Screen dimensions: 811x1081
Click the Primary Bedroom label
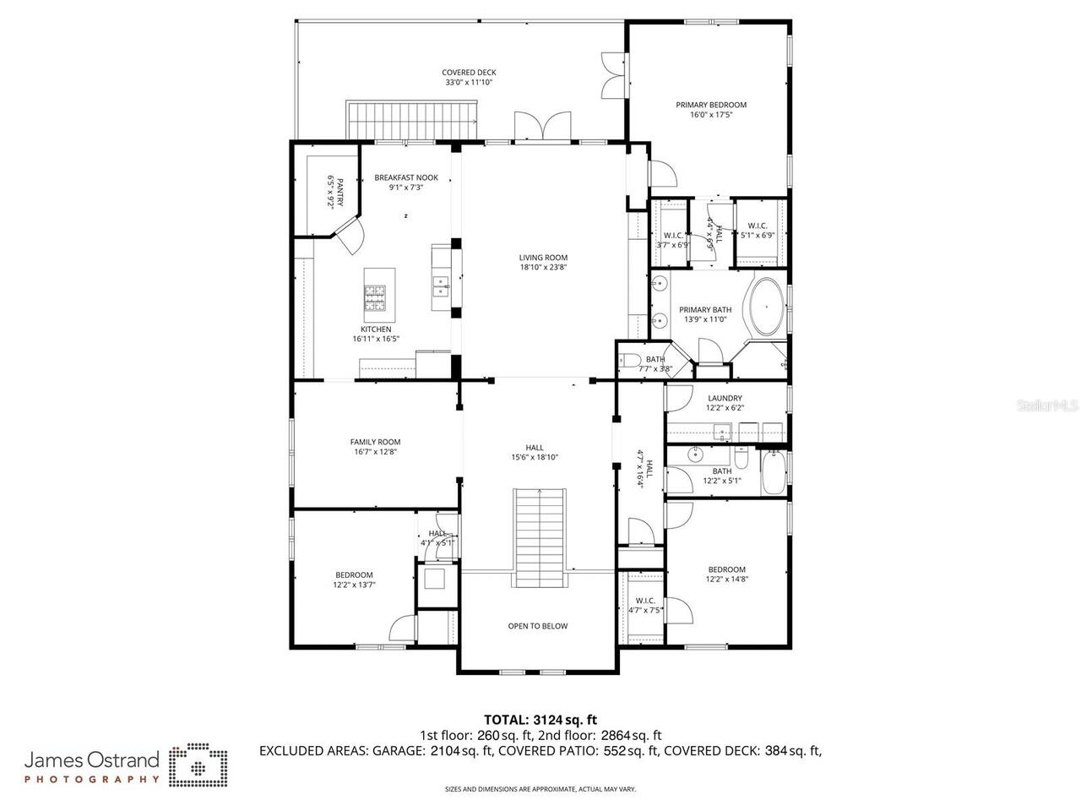tap(710, 105)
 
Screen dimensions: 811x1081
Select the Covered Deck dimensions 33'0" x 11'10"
tap(469, 83)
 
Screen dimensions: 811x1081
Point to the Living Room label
tap(543, 258)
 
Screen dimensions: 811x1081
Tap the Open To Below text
tap(537, 626)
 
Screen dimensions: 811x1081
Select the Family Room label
tap(375, 442)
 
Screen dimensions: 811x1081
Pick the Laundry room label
tap(725, 398)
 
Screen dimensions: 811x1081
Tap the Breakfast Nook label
tap(406, 177)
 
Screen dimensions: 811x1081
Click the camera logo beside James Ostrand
tap(198, 765)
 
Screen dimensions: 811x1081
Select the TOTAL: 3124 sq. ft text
tap(540, 720)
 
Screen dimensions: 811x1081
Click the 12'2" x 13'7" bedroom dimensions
tap(354, 585)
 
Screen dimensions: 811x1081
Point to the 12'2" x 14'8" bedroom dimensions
tap(727, 580)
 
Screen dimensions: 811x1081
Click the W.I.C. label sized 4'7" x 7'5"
tap(645, 601)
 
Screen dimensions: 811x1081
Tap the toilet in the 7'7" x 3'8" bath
tap(627, 362)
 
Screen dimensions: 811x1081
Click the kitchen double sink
tap(439, 287)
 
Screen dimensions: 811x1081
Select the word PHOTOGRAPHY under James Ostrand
tap(91, 779)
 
